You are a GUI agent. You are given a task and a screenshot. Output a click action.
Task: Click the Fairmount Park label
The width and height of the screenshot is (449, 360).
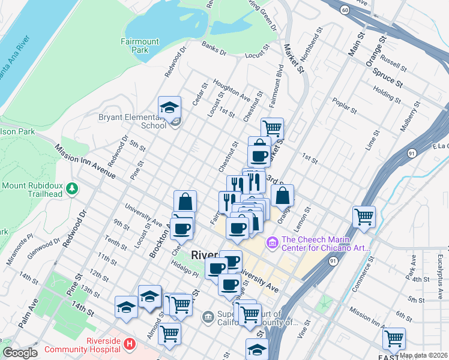click(x=139, y=46)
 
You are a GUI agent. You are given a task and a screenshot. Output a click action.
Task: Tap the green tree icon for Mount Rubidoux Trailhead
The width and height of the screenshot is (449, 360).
click(x=72, y=189)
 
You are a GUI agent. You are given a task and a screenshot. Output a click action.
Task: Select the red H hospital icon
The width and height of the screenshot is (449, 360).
click(x=130, y=345)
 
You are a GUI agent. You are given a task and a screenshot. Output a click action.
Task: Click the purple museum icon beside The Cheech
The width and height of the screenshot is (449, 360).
click(x=272, y=242)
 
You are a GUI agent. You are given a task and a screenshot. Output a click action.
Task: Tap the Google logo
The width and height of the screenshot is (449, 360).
click(x=20, y=353)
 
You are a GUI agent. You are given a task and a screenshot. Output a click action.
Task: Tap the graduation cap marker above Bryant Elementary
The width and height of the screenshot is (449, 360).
click(x=169, y=107)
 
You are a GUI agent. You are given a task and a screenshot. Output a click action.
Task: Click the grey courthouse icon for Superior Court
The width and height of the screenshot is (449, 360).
click(x=208, y=316)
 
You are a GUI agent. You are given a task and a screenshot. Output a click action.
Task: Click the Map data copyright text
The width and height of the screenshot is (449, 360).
click(x=424, y=355)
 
